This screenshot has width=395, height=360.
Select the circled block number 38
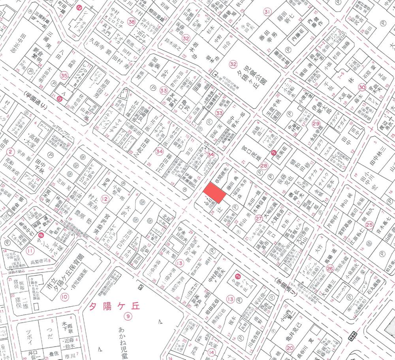click(131, 22)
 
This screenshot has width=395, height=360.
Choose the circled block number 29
click(315, 124)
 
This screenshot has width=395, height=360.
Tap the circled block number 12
click(105, 199)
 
